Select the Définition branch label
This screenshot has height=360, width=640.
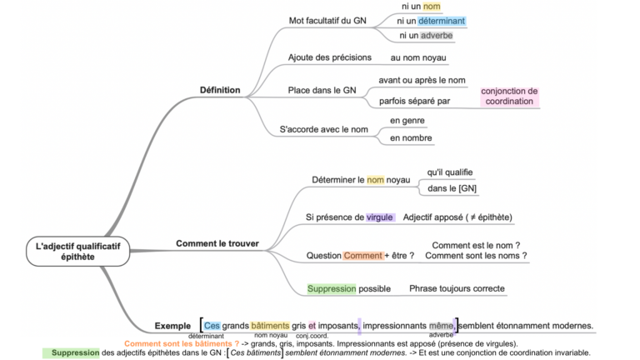(220, 90)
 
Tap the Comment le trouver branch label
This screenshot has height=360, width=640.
(217, 243)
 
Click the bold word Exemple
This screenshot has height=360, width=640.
(173, 325)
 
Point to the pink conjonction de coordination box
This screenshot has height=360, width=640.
(509, 97)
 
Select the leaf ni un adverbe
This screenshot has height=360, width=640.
(426, 36)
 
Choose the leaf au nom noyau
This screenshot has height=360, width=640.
(418, 57)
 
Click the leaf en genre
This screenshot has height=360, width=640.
(407, 121)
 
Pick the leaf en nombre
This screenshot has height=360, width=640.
(412, 137)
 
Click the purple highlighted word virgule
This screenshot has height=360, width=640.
(380, 217)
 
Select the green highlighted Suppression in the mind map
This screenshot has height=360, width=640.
(332, 288)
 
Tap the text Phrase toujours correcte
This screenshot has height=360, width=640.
(456, 288)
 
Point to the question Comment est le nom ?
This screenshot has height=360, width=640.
(476, 245)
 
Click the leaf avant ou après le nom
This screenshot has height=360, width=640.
(422, 80)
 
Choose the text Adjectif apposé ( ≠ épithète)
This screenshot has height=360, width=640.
(457, 217)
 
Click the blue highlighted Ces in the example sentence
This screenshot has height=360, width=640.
(212, 325)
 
